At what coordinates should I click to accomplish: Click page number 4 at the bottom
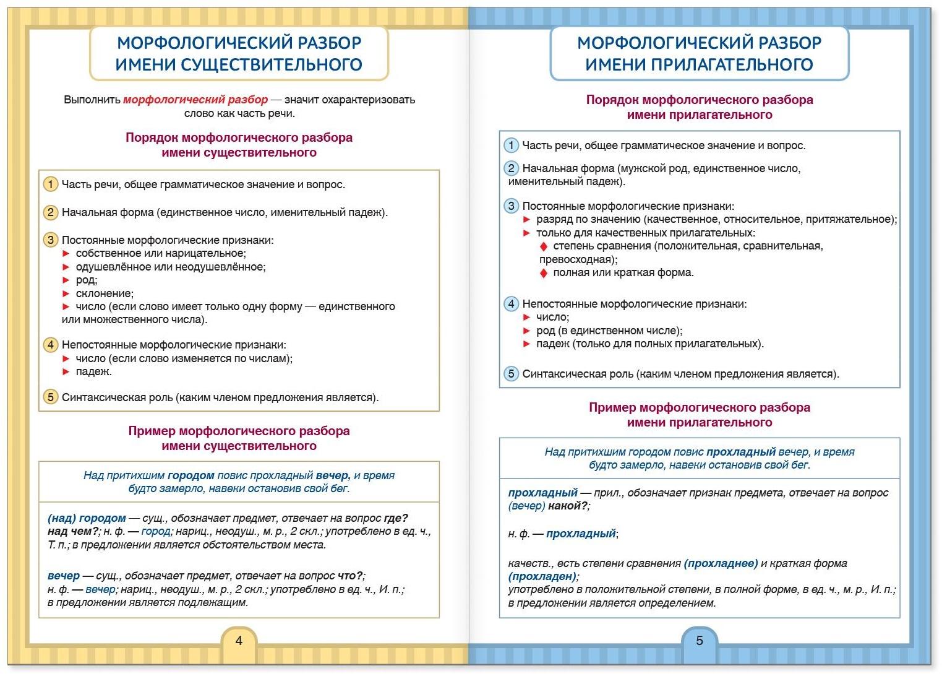pos(239,641)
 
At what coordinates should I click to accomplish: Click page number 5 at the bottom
pos(700,641)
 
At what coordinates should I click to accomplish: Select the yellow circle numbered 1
pos(51,184)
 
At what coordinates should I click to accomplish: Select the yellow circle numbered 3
pos(51,240)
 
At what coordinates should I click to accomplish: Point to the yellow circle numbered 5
pos(51,397)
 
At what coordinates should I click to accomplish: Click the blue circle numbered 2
pos(511,168)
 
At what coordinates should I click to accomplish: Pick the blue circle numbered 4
pos(511,303)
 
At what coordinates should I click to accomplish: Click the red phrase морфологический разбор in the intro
pos(195,100)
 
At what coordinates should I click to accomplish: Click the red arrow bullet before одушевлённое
pos(66,267)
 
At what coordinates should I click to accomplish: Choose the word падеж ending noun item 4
pos(93,371)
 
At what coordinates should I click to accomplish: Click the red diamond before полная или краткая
pos(544,273)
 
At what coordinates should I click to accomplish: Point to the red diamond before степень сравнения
pos(544,246)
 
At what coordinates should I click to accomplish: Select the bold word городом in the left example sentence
pos(191,475)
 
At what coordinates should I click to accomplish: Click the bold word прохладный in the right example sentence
pos(740,452)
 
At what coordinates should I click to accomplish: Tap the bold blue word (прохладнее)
pos(721,563)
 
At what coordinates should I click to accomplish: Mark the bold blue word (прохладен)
pos(542,576)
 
